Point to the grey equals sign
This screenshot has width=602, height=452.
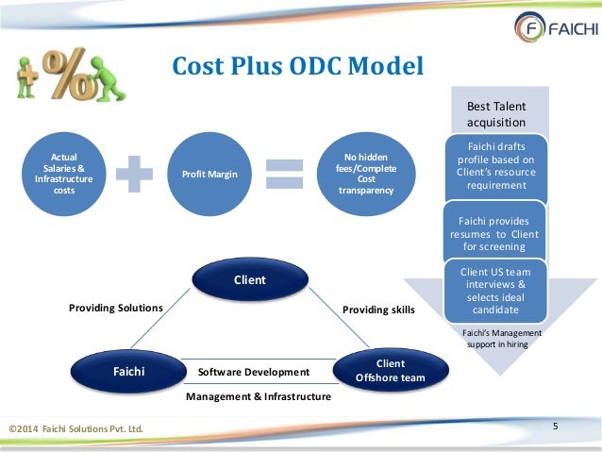click(285, 175)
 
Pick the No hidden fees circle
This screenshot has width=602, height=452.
click(363, 174)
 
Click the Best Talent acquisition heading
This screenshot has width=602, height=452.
click(496, 114)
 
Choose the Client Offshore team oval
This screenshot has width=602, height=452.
click(390, 370)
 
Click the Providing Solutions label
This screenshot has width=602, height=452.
click(116, 309)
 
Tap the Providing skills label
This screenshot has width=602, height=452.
click(378, 309)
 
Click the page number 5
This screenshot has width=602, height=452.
click(556, 427)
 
